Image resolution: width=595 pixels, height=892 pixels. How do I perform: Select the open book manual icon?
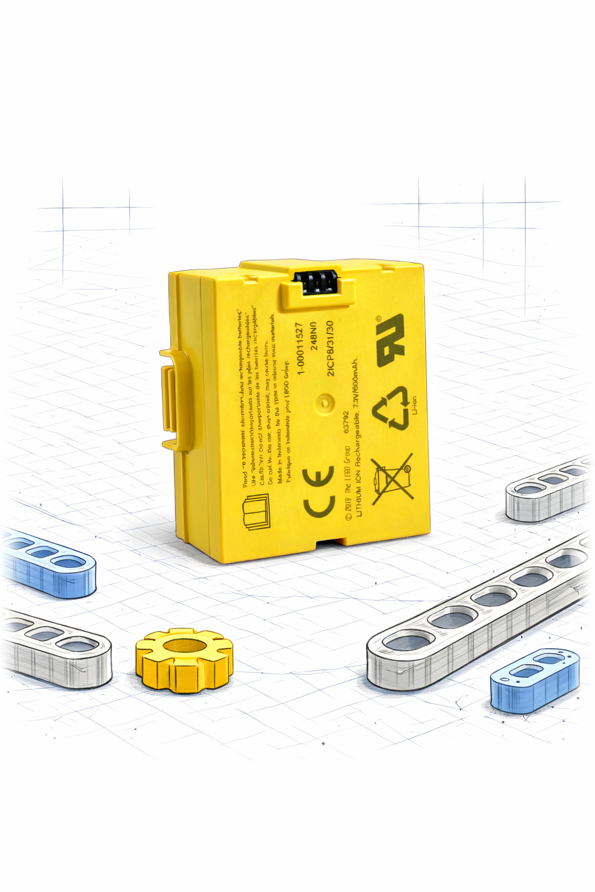point(256,512)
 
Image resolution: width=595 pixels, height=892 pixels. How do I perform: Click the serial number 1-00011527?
point(300,348)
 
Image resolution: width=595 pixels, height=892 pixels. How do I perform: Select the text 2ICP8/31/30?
point(329,348)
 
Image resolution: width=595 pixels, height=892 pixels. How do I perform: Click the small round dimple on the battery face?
point(324,401)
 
